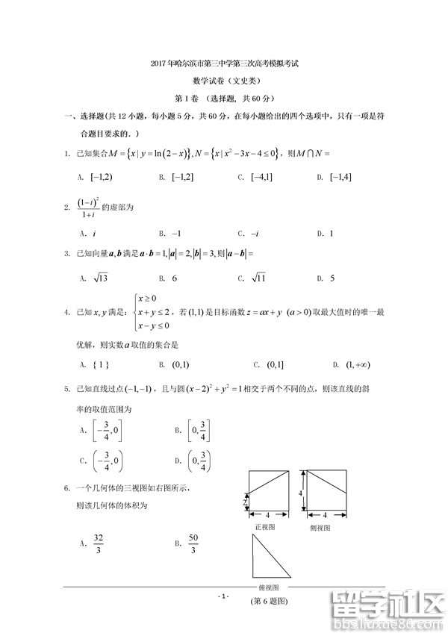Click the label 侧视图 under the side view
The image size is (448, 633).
pyautogui.click(x=324, y=526)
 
